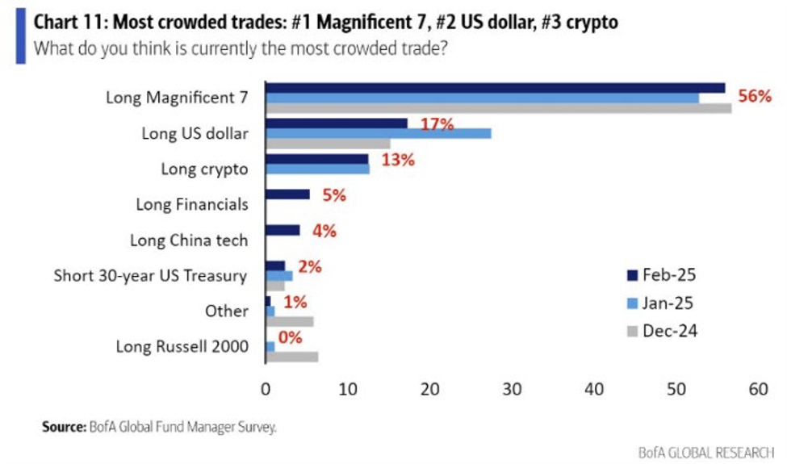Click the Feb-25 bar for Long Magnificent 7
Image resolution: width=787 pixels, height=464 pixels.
[x=495, y=88]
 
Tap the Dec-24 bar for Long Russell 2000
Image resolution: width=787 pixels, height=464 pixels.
[x=292, y=357]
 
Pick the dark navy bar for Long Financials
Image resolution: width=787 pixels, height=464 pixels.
[x=287, y=194]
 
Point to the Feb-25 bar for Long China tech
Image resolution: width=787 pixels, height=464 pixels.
[x=283, y=230]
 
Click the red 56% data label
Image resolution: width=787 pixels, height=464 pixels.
[x=755, y=96]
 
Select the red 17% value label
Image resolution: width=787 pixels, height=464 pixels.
[x=437, y=124]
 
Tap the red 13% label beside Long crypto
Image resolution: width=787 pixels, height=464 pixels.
[x=396, y=160]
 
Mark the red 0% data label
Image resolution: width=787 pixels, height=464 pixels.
[x=291, y=337]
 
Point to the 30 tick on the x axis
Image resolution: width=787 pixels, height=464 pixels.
[x=512, y=389]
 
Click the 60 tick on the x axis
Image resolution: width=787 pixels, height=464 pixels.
[x=758, y=389]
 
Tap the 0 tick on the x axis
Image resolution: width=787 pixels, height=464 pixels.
[x=266, y=389]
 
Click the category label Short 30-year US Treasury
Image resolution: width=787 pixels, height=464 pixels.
[x=150, y=276]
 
